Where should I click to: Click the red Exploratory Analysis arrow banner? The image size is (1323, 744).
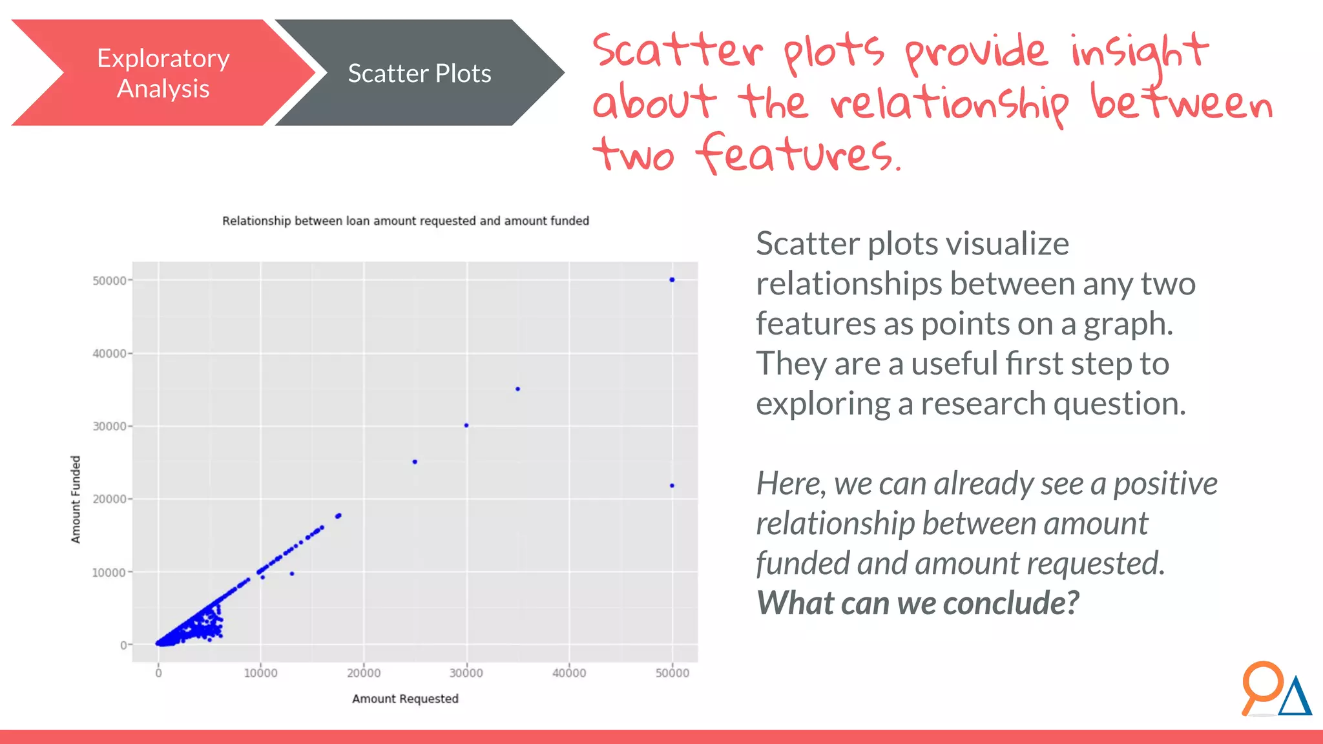click(163, 73)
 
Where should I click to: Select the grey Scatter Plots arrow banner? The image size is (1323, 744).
click(419, 73)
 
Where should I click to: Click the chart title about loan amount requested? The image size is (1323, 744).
click(406, 221)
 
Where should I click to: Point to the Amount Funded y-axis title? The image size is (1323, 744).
click(76, 499)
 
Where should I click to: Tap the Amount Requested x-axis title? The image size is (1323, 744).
click(405, 699)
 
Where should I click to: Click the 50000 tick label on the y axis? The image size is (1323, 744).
click(109, 281)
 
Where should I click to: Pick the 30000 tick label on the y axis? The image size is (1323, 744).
click(109, 426)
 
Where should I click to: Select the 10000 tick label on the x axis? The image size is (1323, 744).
click(260, 673)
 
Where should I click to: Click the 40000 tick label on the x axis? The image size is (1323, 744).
click(569, 673)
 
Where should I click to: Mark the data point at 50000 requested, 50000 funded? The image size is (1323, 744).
click(672, 280)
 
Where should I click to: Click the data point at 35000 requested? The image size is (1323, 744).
click(517, 389)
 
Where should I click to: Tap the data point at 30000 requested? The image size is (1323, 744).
click(466, 426)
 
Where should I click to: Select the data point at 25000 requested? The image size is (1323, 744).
click(415, 462)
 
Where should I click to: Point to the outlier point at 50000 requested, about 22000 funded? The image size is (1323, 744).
click(672, 486)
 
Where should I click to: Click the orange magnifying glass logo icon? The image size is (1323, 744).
click(1260, 685)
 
